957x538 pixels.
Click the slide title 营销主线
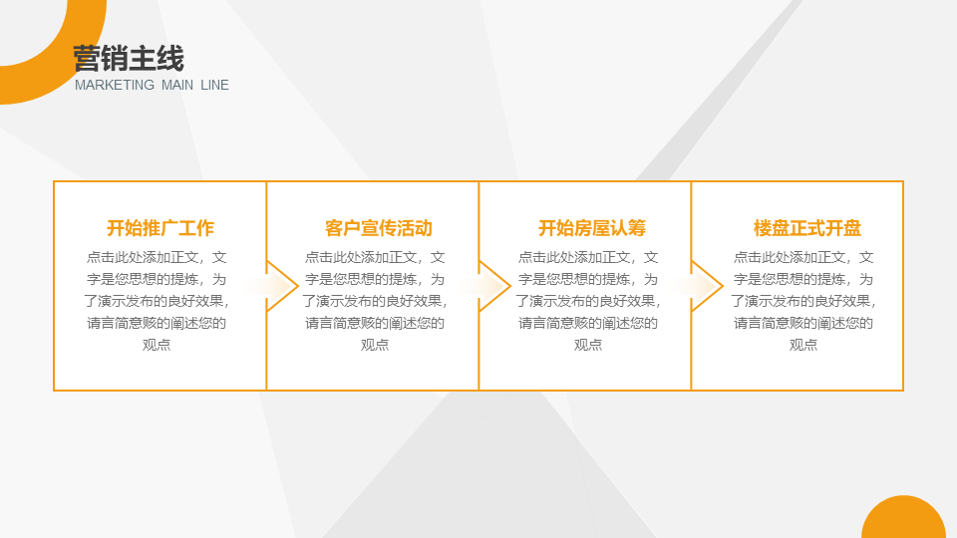(128, 59)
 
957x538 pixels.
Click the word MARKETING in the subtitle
(115, 86)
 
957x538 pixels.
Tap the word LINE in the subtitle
(214, 86)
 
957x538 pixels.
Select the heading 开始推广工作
(160, 228)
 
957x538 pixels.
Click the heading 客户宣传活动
(378, 228)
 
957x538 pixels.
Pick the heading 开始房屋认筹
(592, 228)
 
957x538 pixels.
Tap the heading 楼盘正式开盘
(807, 228)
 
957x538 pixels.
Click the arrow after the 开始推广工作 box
(282, 287)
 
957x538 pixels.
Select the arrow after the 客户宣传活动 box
(494, 287)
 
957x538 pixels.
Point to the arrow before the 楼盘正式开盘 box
(707, 287)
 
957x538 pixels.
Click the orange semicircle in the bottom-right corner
(903, 520)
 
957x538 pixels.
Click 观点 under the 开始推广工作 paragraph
(157, 345)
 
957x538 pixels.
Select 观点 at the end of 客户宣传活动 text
(375, 345)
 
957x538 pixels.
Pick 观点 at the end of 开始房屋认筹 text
(588, 345)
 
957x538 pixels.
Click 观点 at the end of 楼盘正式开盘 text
(803, 345)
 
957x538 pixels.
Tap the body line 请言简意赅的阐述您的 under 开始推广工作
(157, 323)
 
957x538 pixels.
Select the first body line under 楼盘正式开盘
(803, 257)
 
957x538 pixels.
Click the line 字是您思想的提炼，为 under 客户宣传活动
(375, 279)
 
